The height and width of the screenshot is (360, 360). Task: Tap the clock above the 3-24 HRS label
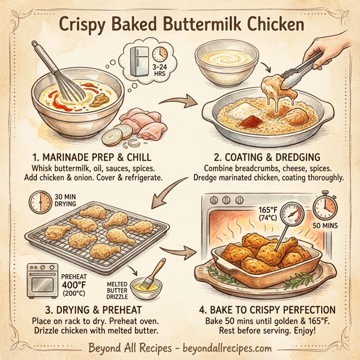click(x=160, y=55)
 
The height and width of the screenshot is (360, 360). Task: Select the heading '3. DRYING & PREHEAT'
click(x=92, y=310)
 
